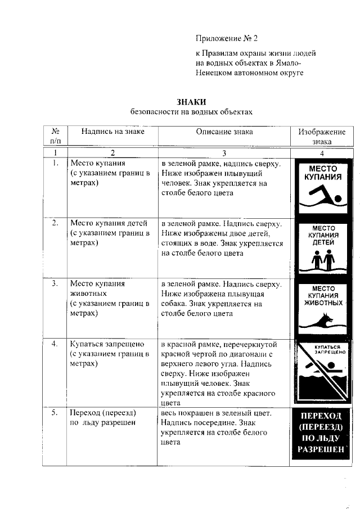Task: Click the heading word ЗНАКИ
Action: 191,102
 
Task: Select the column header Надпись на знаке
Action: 112,132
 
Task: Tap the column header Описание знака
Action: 224,132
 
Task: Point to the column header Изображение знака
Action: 322,137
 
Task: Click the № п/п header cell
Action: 55,137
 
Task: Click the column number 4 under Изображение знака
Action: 322,152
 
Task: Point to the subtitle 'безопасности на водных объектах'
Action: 191,112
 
